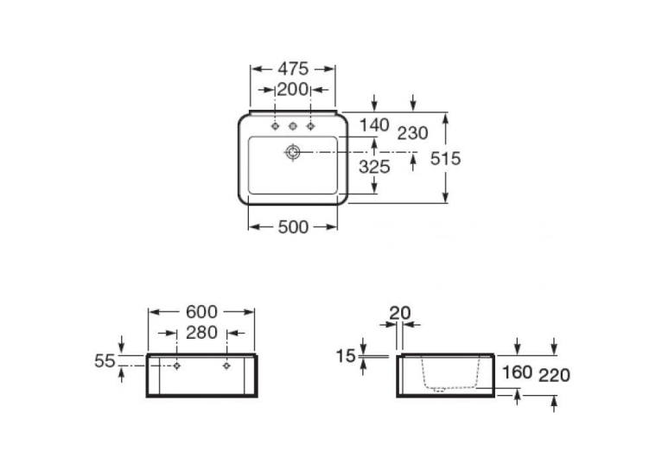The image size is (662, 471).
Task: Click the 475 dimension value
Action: tap(293, 68)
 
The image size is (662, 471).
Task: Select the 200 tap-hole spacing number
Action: tap(293, 90)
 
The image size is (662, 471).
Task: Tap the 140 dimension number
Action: tap(374, 125)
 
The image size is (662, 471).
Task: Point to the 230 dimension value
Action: tap(413, 133)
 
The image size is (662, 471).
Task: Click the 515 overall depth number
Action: tap(445, 159)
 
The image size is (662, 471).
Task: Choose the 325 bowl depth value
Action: tap(374, 167)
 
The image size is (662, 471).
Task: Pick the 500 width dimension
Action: tap(293, 227)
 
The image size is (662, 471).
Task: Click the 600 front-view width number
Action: tap(202, 312)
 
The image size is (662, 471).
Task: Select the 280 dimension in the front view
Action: tap(202, 333)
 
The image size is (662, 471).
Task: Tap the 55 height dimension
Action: tap(105, 361)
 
